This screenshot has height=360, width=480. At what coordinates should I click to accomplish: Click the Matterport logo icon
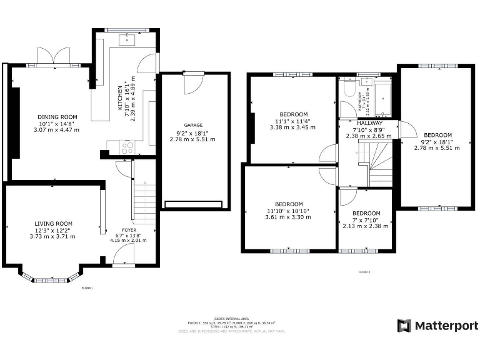point(404,326)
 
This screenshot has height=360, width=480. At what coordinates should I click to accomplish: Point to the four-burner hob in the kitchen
point(127,148)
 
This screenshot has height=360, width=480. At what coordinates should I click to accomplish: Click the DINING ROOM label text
point(57,117)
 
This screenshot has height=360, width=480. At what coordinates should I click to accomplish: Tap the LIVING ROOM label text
point(52,223)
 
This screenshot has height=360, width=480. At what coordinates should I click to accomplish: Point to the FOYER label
point(129,230)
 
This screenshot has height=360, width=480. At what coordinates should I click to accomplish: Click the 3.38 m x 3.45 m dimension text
point(292,127)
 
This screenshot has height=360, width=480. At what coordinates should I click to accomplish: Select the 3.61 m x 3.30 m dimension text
point(288,217)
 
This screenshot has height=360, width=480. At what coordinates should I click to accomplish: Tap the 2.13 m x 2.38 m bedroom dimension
point(366,226)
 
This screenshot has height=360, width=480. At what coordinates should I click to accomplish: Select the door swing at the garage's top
point(193,83)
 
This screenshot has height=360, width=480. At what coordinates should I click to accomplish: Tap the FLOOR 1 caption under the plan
point(87,288)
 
